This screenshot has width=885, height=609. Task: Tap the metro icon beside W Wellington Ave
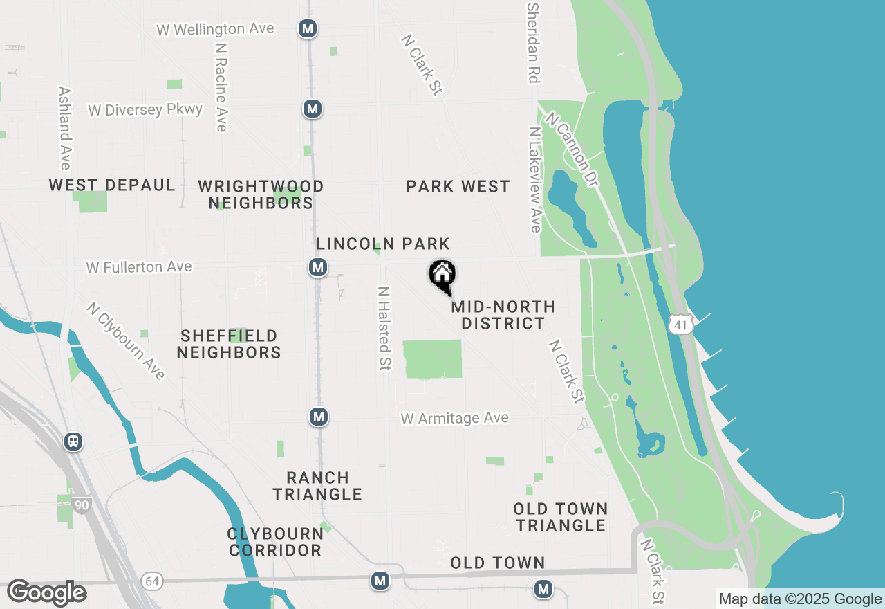(x=308, y=29)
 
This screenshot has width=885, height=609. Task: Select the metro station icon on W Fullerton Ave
(x=317, y=267)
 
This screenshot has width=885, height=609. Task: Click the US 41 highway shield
(x=680, y=325)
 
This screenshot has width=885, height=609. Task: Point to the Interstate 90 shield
(x=82, y=505)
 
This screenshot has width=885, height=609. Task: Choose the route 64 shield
(x=153, y=581)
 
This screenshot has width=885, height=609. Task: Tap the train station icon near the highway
(x=73, y=442)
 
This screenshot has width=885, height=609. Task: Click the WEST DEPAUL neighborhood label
(x=112, y=185)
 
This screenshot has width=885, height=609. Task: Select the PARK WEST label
(x=458, y=186)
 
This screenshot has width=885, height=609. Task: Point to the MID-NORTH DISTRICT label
(x=503, y=315)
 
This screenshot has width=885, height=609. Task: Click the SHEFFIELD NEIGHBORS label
(x=229, y=344)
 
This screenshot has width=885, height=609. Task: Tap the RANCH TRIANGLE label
(x=317, y=486)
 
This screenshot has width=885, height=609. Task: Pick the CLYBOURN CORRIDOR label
(x=275, y=542)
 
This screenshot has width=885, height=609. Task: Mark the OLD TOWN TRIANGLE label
(x=561, y=517)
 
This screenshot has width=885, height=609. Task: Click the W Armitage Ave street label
(x=455, y=419)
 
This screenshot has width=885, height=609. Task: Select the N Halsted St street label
(x=384, y=328)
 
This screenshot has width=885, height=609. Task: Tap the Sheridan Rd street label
(x=532, y=43)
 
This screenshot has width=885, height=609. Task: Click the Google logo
(x=46, y=593)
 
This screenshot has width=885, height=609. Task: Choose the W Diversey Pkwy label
(x=145, y=110)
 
